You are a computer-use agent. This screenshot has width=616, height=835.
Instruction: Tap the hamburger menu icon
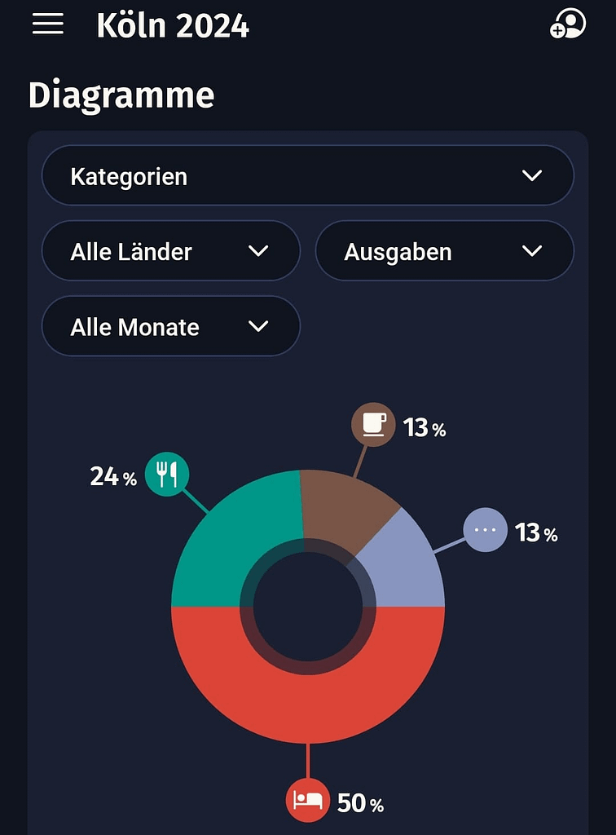point(48,24)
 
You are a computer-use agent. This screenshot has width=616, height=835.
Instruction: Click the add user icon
point(568,24)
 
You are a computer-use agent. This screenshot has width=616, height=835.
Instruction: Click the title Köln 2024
point(173,26)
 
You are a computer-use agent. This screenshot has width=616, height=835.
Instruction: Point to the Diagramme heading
point(121,95)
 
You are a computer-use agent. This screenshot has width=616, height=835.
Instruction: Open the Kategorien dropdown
point(308,176)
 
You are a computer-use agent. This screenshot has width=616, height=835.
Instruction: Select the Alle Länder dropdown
point(171,251)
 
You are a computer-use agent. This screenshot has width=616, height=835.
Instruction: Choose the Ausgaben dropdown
point(444,251)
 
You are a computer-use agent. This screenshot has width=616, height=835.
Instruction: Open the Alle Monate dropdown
point(171,326)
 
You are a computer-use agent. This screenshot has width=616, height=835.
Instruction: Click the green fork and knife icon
point(167,474)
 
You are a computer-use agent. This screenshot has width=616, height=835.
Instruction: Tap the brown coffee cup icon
point(373,424)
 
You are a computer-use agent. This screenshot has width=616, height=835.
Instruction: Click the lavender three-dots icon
point(485,530)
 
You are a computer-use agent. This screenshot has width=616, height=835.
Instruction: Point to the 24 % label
point(113,477)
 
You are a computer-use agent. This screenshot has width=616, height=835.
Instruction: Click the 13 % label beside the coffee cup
point(425,427)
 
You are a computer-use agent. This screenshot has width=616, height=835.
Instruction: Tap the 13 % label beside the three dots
point(536,532)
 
